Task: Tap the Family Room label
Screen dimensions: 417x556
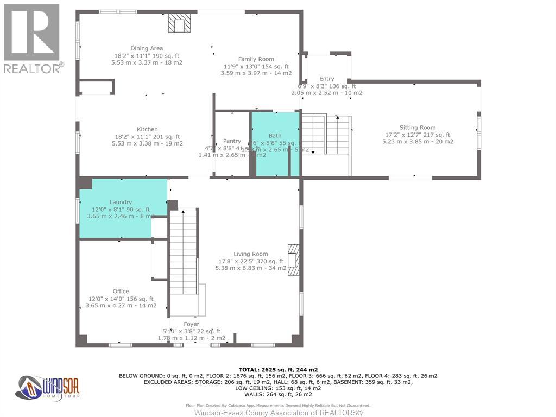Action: pyautogui.click(x=256, y=59)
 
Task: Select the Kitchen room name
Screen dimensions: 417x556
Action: pyautogui.click(x=147, y=129)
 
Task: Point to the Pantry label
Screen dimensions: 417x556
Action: pyautogui.click(x=232, y=141)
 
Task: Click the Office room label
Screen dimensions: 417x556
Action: pyautogui.click(x=121, y=292)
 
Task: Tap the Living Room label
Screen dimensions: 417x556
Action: pyautogui.click(x=250, y=254)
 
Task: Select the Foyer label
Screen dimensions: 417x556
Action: pyautogui.click(x=191, y=324)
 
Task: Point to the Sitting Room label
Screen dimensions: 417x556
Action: pyautogui.click(x=418, y=128)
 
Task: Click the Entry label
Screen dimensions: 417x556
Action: pyautogui.click(x=327, y=79)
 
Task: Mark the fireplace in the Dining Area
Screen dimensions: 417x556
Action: pyautogui.click(x=179, y=23)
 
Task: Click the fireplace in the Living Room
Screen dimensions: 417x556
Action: pyautogui.click(x=293, y=260)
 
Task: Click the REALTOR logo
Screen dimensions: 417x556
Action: pyautogui.click(x=33, y=38)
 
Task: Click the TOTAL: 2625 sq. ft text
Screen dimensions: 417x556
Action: pyautogui.click(x=277, y=369)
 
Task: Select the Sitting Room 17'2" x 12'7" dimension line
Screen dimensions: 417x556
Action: pyautogui.click(x=418, y=135)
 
